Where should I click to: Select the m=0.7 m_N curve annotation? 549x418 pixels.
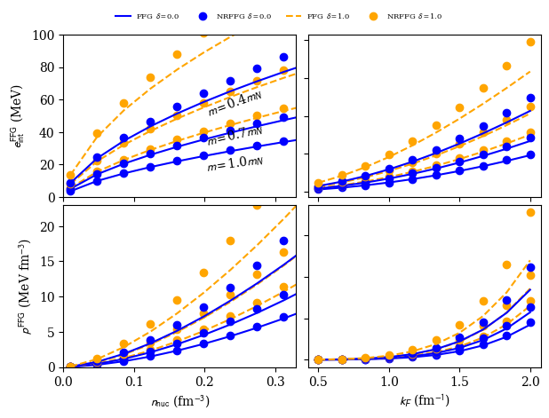(x=235, y=136)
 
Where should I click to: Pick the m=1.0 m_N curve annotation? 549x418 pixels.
(x=235, y=163)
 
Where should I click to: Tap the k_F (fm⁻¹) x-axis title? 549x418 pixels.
(x=425, y=401)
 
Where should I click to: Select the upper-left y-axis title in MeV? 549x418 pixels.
(x=19, y=115)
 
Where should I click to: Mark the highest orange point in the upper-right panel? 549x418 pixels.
(x=530, y=42)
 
